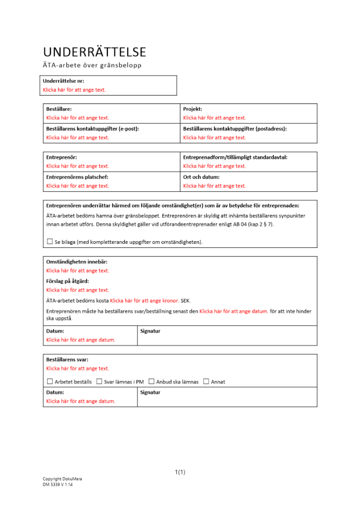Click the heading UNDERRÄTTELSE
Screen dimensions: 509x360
[x=94, y=52]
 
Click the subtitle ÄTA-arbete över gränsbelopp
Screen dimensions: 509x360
[x=92, y=65]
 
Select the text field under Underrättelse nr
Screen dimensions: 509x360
[x=74, y=90]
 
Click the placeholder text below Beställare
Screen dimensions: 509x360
[x=77, y=118]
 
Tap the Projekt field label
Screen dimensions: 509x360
[x=192, y=108]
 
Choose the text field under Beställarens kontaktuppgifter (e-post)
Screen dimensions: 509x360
[x=77, y=137]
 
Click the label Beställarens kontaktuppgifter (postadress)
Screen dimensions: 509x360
[x=235, y=129]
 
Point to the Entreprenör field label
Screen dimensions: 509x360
[x=62, y=157]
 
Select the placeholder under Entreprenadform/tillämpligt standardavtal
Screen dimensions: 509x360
[x=214, y=166]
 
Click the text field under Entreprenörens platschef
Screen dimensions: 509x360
[x=77, y=186]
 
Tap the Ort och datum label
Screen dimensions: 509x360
[x=201, y=177]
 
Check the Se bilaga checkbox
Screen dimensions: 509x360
[x=49, y=242]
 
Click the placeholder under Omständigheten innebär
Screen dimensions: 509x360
[x=77, y=271]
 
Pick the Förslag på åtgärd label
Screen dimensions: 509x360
[x=67, y=280]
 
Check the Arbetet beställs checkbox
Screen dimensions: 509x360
[x=49, y=381]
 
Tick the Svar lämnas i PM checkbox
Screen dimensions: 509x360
[x=99, y=381]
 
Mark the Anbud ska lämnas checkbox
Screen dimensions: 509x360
[x=151, y=381]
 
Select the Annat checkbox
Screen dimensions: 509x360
[x=206, y=381]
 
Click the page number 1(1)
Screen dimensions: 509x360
[x=180, y=472]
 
